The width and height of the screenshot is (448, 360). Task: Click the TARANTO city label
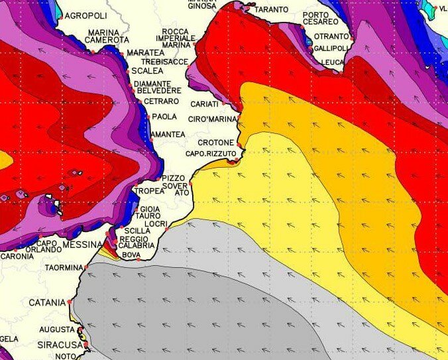pos(271,9)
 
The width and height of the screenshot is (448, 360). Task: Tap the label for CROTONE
pos(215,143)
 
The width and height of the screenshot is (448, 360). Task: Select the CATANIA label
pos(47,302)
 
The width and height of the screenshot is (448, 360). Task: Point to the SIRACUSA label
pos(59,345)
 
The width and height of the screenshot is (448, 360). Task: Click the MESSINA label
pos(82,245)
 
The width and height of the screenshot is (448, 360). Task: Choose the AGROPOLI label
pos(85,16)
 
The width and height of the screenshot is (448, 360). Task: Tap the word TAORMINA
pos(64,269)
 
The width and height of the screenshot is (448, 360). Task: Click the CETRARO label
pos(161,101)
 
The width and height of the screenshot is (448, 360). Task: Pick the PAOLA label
pos(164,117)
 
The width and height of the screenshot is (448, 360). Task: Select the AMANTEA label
pos(168,135)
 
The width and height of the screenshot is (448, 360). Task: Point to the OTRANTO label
pos(331,36)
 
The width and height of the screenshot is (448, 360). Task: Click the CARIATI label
pos(204,104)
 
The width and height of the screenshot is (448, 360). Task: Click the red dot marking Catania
pos(70,302)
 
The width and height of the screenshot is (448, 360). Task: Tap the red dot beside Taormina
pos(85,267)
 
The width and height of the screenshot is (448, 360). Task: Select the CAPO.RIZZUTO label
pos(211,154)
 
